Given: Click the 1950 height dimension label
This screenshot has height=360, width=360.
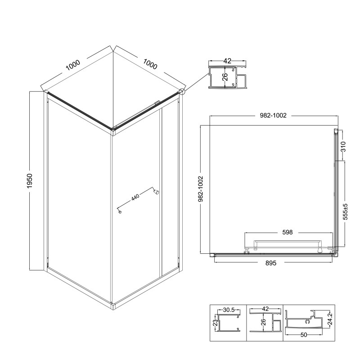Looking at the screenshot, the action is (x=30, y=181).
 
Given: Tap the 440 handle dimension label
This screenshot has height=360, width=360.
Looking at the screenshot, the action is (x=135, y=197).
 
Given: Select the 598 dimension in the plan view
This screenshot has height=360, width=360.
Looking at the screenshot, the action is (x=288, y=232).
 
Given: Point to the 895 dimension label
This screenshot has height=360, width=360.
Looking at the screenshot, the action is (x=271, y=263).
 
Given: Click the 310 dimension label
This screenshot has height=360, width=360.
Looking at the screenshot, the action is (x=343, y=147).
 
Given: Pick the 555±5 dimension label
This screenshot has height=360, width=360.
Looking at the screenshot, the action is (x=345, y=211).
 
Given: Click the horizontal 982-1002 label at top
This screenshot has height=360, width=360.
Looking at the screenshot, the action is (x=273, y=115).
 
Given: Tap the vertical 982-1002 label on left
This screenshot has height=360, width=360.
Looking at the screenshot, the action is (x=201, y=189).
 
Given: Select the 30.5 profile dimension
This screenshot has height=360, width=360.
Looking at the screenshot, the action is (x=229, y=310).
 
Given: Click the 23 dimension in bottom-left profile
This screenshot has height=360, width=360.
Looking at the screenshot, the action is (x=215, y=323).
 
